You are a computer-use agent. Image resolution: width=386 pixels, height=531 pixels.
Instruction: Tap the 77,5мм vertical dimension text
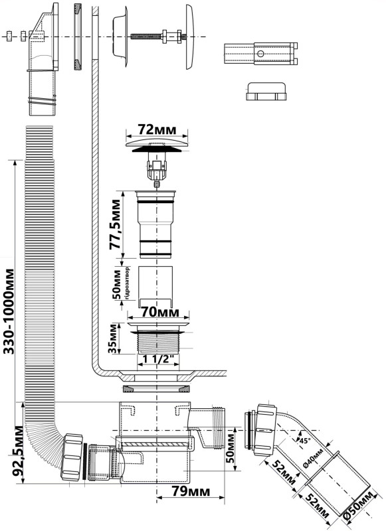114,224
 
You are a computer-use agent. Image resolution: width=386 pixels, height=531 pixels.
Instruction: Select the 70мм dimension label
159,312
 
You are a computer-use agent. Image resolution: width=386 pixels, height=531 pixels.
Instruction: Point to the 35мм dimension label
114,339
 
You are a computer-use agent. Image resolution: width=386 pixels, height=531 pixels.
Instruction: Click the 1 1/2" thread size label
158,359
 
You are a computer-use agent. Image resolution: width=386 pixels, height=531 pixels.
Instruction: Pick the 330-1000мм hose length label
9,311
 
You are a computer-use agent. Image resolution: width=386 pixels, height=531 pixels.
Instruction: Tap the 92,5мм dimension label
18,451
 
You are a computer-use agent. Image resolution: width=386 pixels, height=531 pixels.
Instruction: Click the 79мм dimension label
191,491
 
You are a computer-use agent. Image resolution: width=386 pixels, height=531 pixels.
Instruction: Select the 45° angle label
306,441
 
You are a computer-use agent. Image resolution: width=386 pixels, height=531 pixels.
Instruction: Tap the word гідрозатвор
127,283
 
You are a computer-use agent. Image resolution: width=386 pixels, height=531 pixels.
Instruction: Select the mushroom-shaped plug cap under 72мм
157,145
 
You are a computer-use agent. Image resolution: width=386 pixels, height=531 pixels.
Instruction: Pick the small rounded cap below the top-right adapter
266,91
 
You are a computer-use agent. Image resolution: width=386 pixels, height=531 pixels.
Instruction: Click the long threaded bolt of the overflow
146,36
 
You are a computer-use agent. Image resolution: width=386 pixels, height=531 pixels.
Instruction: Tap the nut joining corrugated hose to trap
72,457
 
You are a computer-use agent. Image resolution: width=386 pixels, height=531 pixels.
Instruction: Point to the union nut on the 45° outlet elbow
265,429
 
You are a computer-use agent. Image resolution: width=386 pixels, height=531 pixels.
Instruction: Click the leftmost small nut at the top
9,36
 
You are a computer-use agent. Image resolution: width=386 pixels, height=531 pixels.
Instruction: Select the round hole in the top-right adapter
260,54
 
